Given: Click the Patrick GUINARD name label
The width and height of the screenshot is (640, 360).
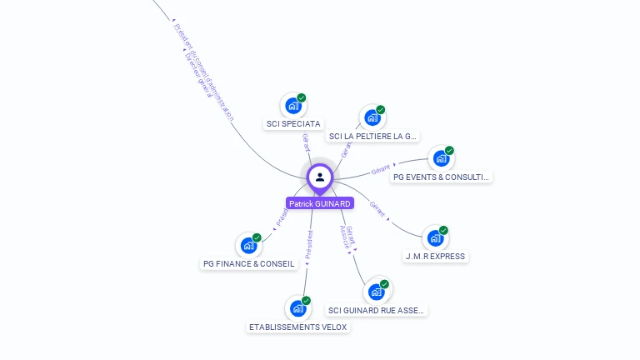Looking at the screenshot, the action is tap(320, 203).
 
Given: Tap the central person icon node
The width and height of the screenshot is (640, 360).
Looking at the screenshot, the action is tap(320, 177).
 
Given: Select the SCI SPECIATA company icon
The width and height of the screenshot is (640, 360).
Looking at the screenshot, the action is tap(292, 106).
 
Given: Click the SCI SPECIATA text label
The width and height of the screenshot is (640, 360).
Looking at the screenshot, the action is tap(293, 124).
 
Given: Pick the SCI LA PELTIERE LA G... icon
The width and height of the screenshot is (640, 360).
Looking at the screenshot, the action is tap(372, 117).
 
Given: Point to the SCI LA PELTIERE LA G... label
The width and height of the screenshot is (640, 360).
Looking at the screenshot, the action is tap(373, 136).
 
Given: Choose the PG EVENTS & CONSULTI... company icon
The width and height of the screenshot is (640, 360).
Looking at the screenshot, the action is tap(441, 158).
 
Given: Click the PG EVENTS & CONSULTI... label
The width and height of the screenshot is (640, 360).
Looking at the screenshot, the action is tap(442, 177).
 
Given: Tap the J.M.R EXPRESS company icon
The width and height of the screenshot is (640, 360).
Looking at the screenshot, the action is tap(435, 238).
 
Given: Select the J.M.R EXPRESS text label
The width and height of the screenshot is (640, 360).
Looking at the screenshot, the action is tap(435, 257).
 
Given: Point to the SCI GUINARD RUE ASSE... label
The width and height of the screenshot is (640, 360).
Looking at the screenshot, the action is tap(377, 310).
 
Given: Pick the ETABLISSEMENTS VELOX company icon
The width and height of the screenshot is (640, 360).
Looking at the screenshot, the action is tap(297, 308).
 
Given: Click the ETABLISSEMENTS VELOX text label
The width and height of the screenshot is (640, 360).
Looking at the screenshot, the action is tap(298, 327).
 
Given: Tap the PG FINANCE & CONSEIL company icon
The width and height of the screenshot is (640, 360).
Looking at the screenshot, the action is tap(248, 245).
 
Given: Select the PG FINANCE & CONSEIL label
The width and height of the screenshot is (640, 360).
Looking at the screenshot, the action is tap(248, 263).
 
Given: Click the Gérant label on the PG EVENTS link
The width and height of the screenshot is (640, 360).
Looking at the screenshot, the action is tap(380, 170).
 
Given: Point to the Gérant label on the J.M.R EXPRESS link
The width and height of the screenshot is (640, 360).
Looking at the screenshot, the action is tap(377, 208).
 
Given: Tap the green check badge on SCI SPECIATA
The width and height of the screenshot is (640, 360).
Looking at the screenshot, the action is tap(302, 97).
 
